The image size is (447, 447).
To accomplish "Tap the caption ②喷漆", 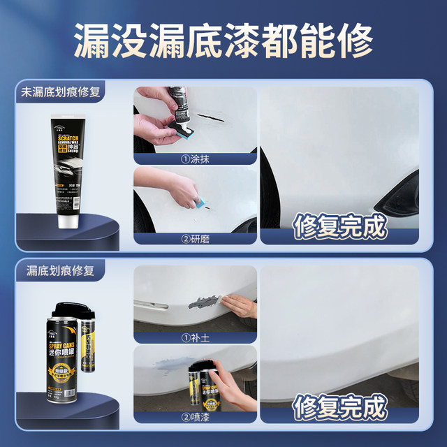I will (x=195, y=417).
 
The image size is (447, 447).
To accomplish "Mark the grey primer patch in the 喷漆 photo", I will (x=172, y=365).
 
